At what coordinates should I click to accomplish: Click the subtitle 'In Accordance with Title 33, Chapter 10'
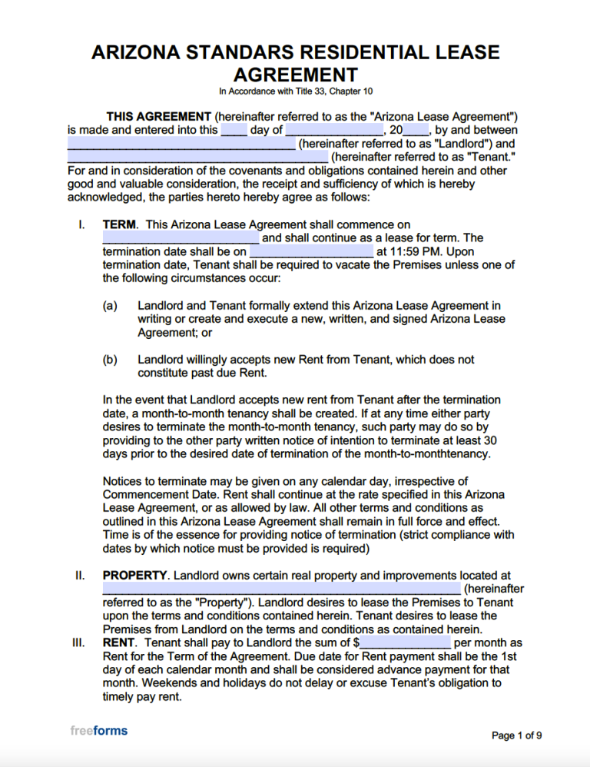tap(295, 91)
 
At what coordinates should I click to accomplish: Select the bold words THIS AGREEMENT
tap(158, 116)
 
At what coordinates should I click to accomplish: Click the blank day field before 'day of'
tap(234, 130)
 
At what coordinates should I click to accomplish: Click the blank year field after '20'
tap(416, 130)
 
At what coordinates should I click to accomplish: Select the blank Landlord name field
tap(181, 144)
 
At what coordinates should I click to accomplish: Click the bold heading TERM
tap(119, 224)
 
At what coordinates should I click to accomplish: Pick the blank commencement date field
tap(181, 237)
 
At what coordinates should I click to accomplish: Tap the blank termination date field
tap(311, 251)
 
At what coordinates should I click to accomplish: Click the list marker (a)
tap(110, 306)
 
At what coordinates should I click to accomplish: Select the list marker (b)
tap(110, 360)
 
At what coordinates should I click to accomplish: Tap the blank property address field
tap(281, 589)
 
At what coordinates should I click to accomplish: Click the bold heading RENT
tap(119, 642)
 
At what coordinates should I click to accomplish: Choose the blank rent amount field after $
tap(405, 642)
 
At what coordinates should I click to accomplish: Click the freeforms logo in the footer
tap(98, 730)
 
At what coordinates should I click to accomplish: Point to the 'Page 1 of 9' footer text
tap(517, 735)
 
